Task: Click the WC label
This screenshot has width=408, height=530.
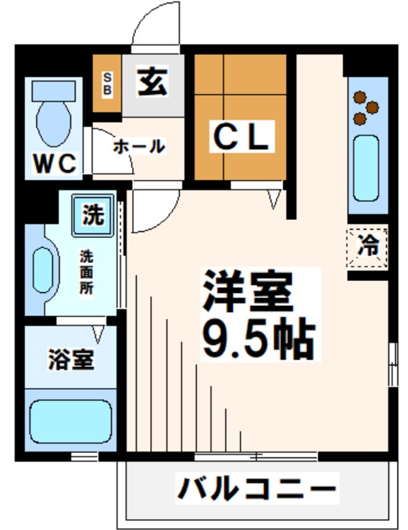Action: (x=55, y=164)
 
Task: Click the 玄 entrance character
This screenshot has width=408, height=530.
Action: (x=152, y=83)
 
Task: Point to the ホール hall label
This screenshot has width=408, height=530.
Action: (x=139, y=147)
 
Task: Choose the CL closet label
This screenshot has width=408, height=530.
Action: (x=241, y=138)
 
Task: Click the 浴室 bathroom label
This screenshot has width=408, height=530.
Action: (x=71, y=360)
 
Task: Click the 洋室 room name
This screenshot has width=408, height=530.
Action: (x=247, y=293)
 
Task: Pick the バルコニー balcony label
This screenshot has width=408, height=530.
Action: (x=257, y=488)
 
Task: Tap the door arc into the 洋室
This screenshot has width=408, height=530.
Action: (x=153, y=209)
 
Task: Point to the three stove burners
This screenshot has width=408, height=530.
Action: (x=364, y=106)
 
